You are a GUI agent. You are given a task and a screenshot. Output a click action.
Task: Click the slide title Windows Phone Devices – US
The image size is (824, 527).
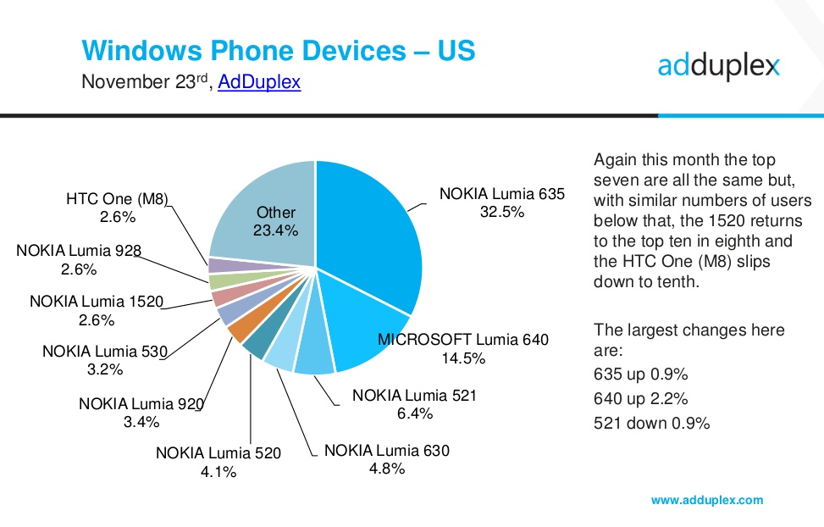(279, 50)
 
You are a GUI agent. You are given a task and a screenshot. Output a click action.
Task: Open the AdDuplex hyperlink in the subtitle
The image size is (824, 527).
(259, 83)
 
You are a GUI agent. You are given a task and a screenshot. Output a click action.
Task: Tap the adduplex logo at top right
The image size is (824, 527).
(718, 66)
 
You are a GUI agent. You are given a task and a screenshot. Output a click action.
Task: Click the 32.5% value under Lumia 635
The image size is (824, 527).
(501, 212)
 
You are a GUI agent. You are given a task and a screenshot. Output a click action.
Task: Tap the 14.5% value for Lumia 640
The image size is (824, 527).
(463, 358)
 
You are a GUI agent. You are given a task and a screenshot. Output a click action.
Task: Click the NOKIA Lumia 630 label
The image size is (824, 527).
(386, 450)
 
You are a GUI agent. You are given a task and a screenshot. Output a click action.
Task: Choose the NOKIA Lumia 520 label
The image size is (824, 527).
(218, 453)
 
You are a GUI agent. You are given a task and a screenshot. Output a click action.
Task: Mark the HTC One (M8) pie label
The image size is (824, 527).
(117, 200)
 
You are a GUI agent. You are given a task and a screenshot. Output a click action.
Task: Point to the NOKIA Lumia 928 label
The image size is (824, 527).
(78, 251)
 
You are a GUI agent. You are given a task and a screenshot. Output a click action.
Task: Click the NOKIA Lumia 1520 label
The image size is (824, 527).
(96, 302)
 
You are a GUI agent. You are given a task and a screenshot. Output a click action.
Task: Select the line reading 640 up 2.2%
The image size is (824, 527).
(641, 397)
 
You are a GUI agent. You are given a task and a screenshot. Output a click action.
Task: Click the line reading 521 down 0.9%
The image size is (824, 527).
(651, 423)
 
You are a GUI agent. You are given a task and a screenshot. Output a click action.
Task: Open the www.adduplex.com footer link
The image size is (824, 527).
(706, 500)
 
